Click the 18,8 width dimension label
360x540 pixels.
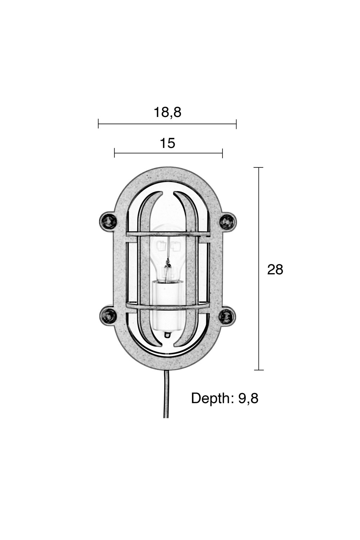(x=167, y=112)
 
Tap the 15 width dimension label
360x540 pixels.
(x=168, y=143)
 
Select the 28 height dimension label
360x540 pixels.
(x=275, y=270)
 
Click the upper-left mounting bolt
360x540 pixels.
(x=108, y=221)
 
